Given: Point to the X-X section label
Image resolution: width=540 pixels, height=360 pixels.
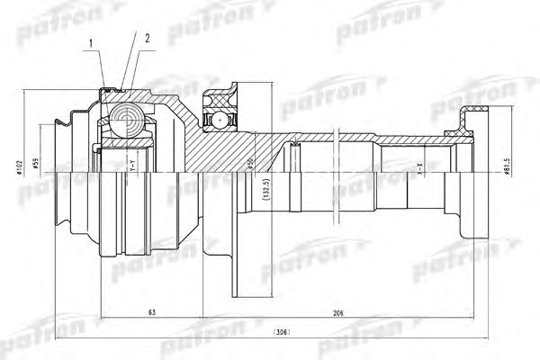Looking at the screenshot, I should [418, 166].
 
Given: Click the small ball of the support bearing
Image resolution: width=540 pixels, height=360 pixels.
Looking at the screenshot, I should [219, 118].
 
